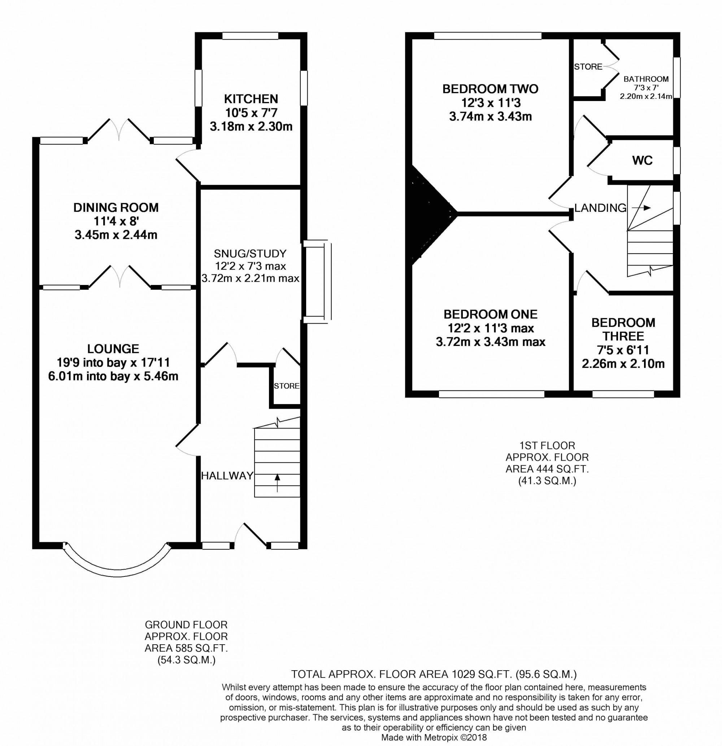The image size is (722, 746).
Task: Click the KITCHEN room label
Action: click(x=251, y=99)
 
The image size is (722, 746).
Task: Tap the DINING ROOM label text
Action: click(x=116, y=207)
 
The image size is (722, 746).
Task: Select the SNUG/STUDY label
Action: click(x=250, y=254)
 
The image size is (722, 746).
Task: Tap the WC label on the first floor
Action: click(x=643, y=160)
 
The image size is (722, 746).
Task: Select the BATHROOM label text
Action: click(x=646, y=79)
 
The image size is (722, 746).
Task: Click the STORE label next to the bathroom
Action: click(x=588, y=67)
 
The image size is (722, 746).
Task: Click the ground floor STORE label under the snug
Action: click(x=286, y=386)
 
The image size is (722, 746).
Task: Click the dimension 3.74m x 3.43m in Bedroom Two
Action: click(x=491, y=117)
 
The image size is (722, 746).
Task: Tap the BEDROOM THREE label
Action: click(x=623, y=329)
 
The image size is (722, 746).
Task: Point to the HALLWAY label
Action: click(x=227, y=475)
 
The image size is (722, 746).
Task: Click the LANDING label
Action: click(x=600, y=208)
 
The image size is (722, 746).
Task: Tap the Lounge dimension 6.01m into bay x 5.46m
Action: click(x=113, y=376)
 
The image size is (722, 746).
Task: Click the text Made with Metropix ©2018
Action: click(x=434, y=737)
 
